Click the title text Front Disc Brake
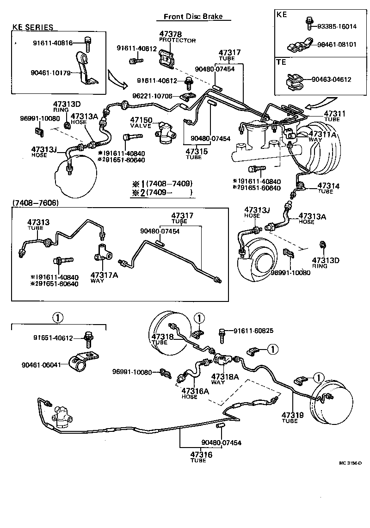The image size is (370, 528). pyautogui.click(x=193, y=17)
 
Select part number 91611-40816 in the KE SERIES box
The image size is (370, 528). pyautogui.click(x=52, y=43)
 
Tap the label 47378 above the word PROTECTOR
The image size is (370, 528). pyautogui.click(x=171, y=34)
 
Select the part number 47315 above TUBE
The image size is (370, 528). pyautogui.click(x=197, y=151)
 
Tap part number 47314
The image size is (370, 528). pyautogui.click(x=328, y=186)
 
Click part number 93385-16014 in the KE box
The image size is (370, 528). pyautogui.click(x=337, y=26)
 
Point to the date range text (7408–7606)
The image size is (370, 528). pyautogui.click(x=36, y=203)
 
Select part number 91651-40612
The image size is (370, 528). pyautogui.click(x=53, y=338)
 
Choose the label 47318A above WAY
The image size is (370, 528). pyautogui.click(x=225, y=377)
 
